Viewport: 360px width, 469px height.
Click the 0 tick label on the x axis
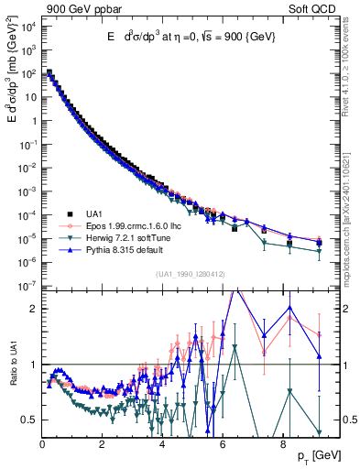[x=42, y=446]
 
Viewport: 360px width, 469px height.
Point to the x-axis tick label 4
[x=162, y=446]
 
